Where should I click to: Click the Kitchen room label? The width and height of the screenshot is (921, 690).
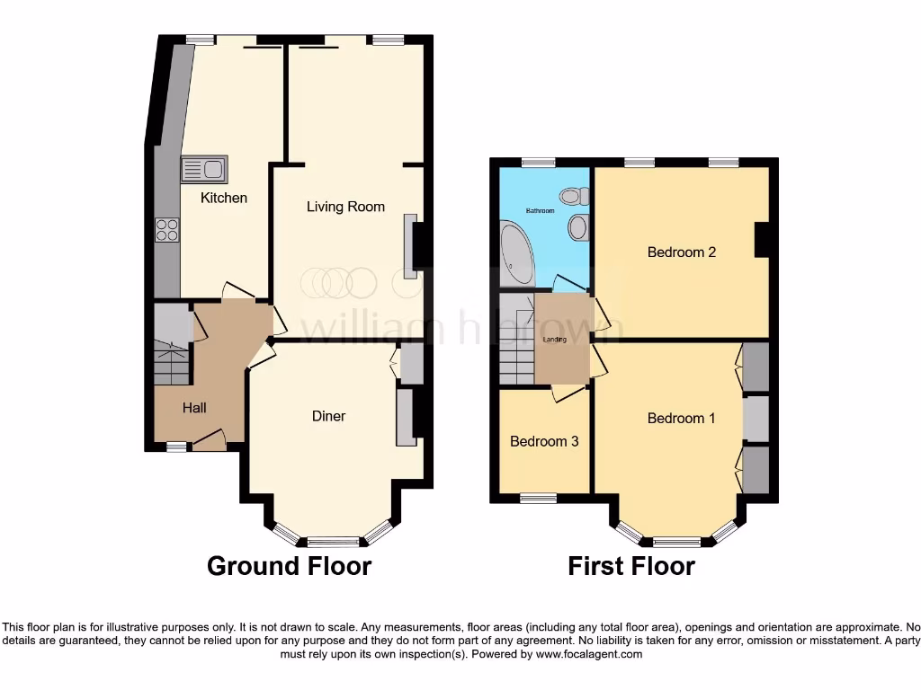click(x=223, y=198)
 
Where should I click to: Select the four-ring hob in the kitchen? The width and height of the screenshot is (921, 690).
click(x=166, y=230)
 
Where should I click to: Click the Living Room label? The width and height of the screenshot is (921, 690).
click(x=345, y=207)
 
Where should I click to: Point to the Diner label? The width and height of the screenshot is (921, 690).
click(x=328, y=416)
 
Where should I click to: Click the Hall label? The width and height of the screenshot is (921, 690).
click(x=194, y=408)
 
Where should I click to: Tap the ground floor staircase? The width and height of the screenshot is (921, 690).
click(x=171, y=359)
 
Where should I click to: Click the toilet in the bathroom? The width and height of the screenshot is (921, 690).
click(x=572, y=195)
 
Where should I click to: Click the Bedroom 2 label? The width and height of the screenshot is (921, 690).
click(x=682, y=252)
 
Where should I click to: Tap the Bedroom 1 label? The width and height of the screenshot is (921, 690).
click(x=682, y=418)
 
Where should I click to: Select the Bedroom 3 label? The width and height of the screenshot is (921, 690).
click(x=544, y=441)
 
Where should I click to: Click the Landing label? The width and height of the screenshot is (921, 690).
click(x=555, y=340)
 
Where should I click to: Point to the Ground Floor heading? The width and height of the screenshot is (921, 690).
click(x=289, y=566)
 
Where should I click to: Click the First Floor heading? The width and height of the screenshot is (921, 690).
click(x=631, y=566)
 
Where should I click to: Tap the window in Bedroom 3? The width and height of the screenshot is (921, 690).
click(x=538, y=497)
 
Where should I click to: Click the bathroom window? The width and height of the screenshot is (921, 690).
click(x=538, y=163)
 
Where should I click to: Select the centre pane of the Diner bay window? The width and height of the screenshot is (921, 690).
click(x=332, y=542)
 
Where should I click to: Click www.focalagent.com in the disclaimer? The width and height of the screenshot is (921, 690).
click(x=588, y=655)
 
